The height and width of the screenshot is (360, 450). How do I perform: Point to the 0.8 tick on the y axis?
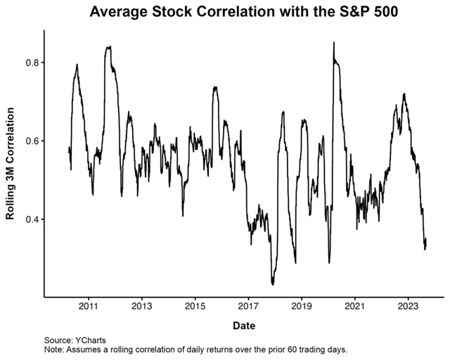click(x=31, y=63)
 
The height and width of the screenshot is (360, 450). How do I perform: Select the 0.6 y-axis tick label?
click(x=31, y=141)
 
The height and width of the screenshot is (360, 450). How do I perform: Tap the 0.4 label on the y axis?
click(x=31, y=219)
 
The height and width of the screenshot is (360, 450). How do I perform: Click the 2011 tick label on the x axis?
click(x=89, y=307)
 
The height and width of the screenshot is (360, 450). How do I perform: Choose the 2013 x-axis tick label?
click(x=142, y=307)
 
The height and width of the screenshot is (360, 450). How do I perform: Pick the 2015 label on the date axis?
click(x=195, y=307)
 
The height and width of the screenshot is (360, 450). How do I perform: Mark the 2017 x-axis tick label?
click(x=249, y=307)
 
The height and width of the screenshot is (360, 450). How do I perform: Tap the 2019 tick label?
click(x=302, y=307)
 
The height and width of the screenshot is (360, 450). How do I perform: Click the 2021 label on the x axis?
click(x=356, y=307)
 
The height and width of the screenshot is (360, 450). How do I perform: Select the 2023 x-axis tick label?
click(x=409, y=307)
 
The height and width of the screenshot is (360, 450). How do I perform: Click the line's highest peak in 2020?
click(x=333, y=42)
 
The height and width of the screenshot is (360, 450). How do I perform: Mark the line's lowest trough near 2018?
click(x=272, y=284)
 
